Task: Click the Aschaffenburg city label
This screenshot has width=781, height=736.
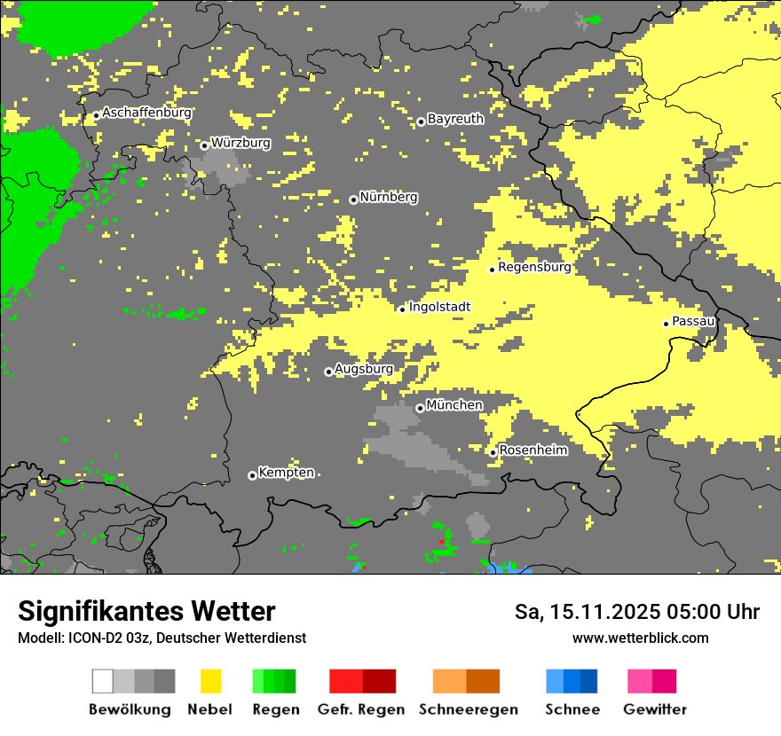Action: [146, 113]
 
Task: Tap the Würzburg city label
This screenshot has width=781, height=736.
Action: [241, 142]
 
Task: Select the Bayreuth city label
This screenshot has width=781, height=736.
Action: [455, 118]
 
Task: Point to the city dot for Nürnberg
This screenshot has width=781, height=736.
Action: [353, 200]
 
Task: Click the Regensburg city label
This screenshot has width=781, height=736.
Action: [534, 266]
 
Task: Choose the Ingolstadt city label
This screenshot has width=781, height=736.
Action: [439, 307]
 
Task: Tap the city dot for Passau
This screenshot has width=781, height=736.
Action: [666, 324]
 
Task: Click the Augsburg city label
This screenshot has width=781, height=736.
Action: [364, 369]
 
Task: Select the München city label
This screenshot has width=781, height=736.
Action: [454, 405]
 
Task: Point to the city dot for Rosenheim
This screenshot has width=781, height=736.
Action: [493, 453]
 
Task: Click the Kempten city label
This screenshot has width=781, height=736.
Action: [286, 473]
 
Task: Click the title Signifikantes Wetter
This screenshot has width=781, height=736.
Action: [146, 611]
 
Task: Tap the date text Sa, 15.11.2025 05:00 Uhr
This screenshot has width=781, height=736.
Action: [637, 612]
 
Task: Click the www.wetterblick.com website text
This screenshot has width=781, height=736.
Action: [640, 638]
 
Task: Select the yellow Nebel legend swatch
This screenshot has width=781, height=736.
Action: [210, 681]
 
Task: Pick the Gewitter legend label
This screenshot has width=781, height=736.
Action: [654, 709]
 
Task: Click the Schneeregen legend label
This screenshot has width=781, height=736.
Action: [469, 709]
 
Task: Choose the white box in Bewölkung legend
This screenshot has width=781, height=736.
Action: [103, 681]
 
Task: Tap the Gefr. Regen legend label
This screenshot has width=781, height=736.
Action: [360, 709]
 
